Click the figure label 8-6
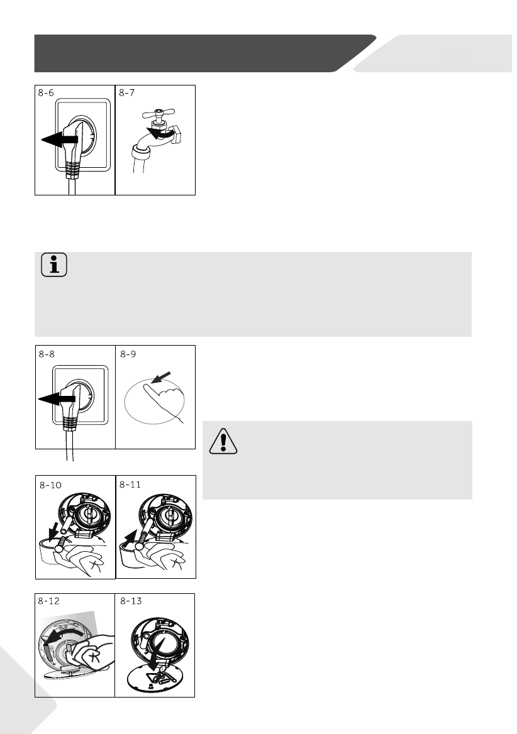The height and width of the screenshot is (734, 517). [x=46, y=92]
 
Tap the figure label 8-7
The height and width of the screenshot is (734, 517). [x=126, y=92]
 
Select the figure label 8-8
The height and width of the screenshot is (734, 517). [x=47, y=354]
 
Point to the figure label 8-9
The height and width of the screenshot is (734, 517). [x=128, y=354]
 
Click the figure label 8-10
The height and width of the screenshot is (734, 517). [x=50, y=485]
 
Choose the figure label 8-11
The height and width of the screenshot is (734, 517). [x=130, y=485]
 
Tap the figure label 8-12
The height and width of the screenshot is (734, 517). [x=48, y=601]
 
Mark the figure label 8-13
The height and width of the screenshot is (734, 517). [x=131, y=601]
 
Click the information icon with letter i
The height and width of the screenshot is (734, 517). [x=54, y=265]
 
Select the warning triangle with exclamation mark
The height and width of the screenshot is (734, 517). [x=223, y=441]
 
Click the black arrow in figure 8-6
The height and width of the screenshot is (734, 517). [x=60, y=139]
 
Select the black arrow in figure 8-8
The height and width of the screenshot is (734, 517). [x=57, y=398]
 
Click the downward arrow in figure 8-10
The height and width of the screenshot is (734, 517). [x=55, y=533]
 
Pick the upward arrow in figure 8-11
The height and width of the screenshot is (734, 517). [x=131, y=538]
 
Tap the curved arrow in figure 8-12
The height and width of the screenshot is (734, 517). [x=65, y=635]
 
